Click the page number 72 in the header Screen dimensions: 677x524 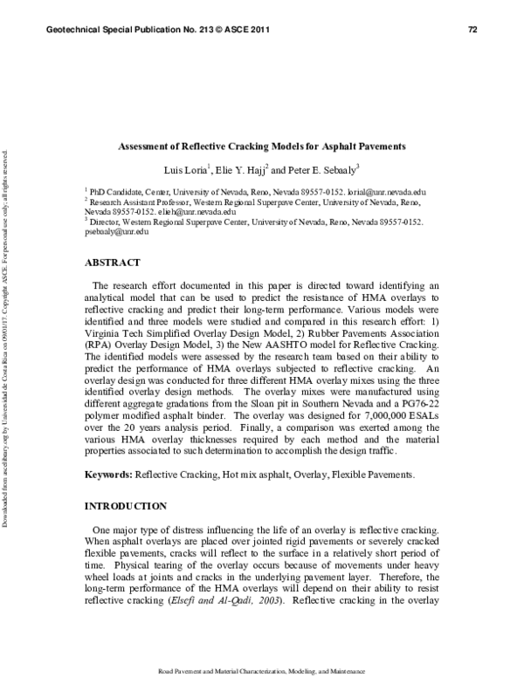pyautogui.click(x=472, y=31)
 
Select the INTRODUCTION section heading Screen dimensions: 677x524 pyautogui.click(x=125, y=506)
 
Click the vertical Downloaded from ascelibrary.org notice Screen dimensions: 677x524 pyautogui.click(x=7, y=339)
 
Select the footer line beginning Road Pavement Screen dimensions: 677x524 pyautogui.click(x=262, y=670)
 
